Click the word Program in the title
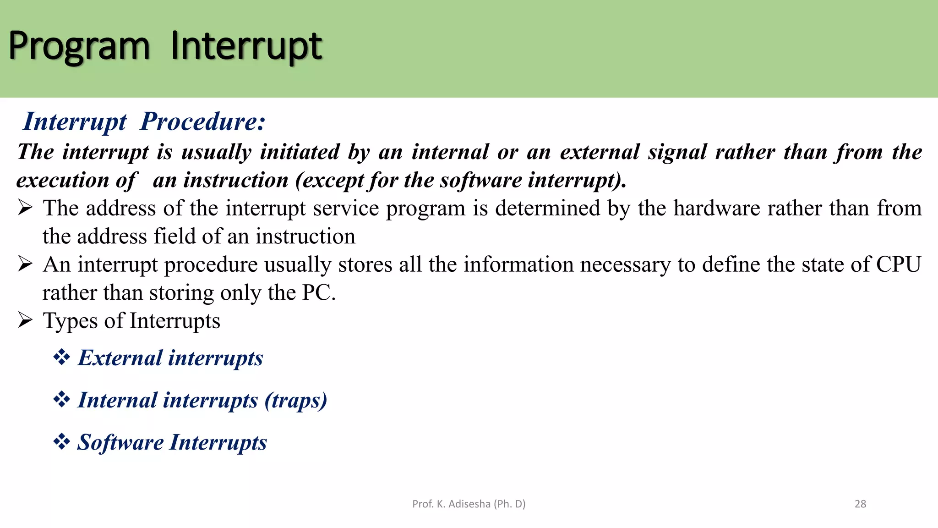click(79, 47)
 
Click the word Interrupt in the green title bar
click(246, 47)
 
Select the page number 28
click(860, 504)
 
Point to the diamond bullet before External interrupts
click(61, 357)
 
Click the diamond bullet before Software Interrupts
click(61, 442)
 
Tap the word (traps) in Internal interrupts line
click(296, 400)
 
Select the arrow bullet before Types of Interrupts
click(25, 320)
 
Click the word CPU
click(898, 264)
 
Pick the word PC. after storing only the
click(319, 293)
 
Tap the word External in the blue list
click(120, 358)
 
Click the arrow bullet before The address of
click(25, 208)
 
